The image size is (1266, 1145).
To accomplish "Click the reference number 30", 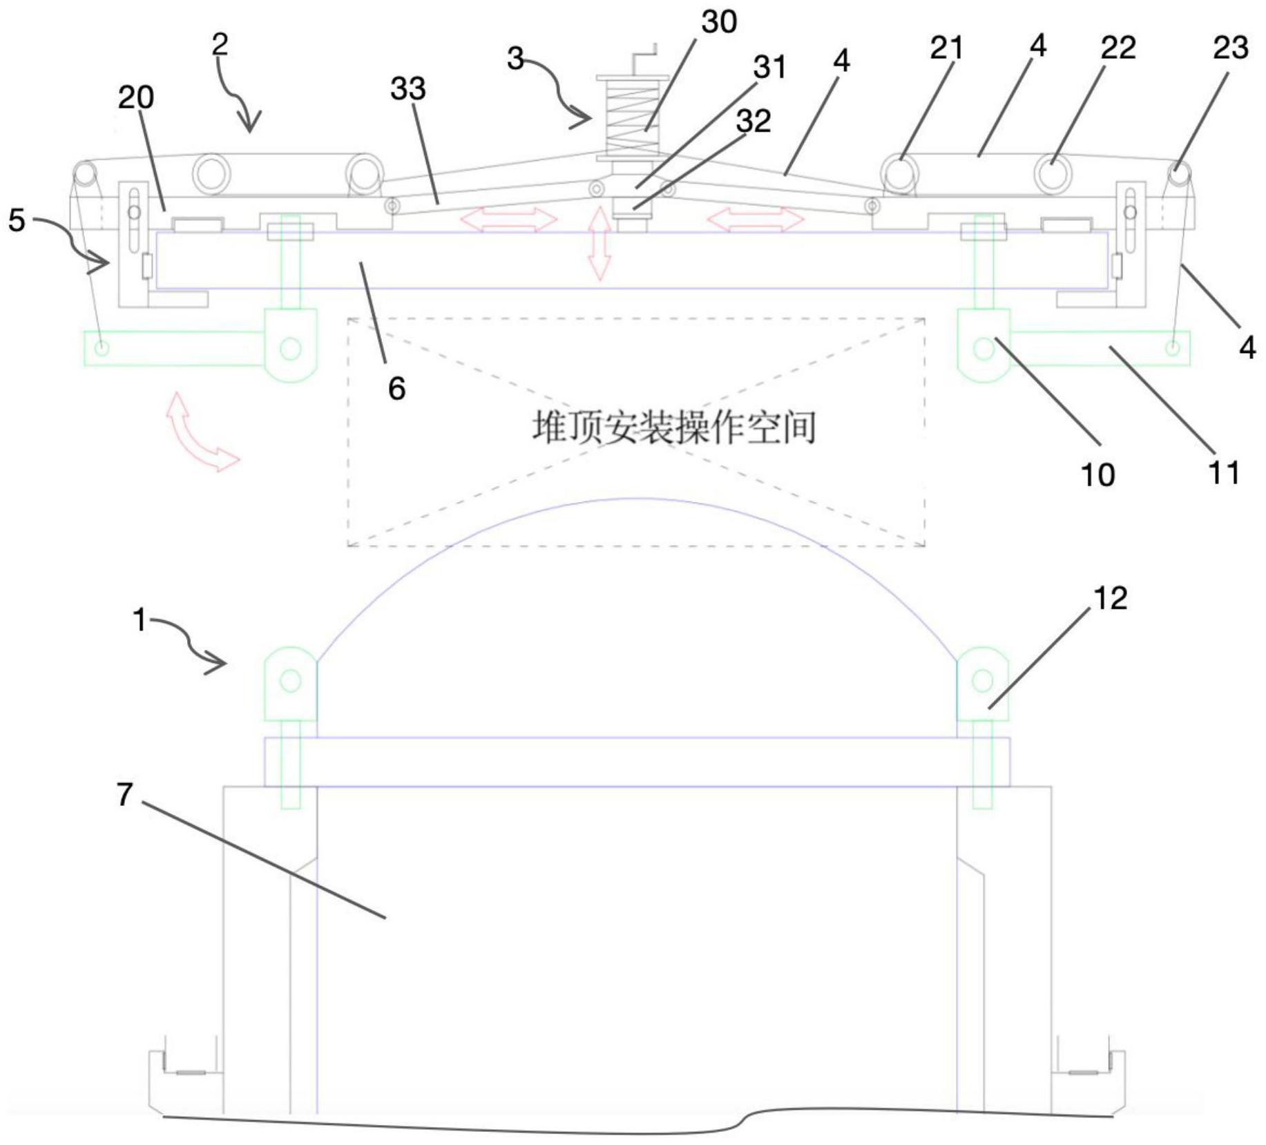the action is tap(719, 22).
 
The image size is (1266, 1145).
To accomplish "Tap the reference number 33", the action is tap(408, 89).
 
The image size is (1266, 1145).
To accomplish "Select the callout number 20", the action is tap(135, 97).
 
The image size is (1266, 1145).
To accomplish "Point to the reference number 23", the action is tap(1230, 48).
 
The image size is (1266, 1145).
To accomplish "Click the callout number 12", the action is tap(1109, 598).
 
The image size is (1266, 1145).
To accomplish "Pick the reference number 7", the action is tap(124, 795).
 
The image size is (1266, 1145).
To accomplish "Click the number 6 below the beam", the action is tap(396, 389).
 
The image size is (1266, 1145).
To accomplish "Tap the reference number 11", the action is tap(1223, 473).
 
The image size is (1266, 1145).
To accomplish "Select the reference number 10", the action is tap(1097, 475).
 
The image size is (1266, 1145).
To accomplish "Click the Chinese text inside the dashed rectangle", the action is tap(674, 427).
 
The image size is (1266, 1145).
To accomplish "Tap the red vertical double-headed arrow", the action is tap(599, 243).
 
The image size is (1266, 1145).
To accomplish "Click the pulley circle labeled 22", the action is tap(1052, 172).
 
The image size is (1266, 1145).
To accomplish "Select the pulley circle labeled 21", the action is tap(900, 172).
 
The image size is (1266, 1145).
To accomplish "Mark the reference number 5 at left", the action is tap(17, 221).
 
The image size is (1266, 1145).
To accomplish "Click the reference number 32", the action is tap(754, 122).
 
